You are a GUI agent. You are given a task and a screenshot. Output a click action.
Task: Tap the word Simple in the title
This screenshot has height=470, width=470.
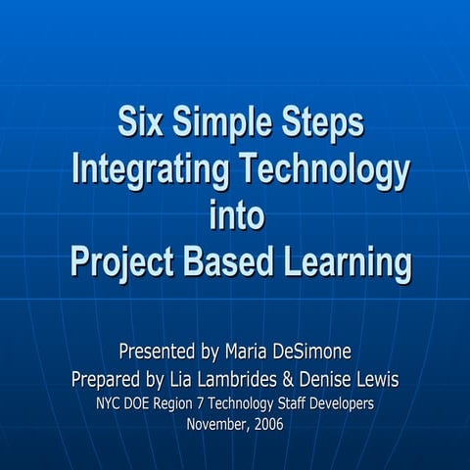click(221, 124)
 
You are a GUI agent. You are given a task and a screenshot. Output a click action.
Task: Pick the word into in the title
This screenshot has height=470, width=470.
click(237, 215)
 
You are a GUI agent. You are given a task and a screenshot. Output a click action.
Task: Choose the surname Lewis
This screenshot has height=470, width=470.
click(378, 378)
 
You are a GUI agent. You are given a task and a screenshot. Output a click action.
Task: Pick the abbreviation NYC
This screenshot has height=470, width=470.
click(111, 401)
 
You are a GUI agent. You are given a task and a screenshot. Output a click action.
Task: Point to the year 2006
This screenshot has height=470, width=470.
click(271, 424)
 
